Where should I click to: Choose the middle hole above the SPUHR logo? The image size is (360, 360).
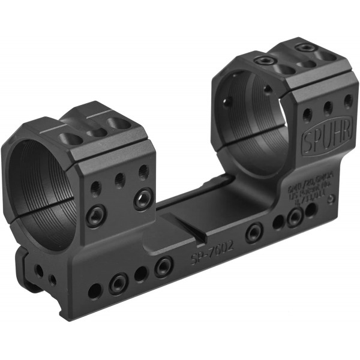click(328, 109)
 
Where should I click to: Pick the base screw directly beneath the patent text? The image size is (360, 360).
click(294, 217)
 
